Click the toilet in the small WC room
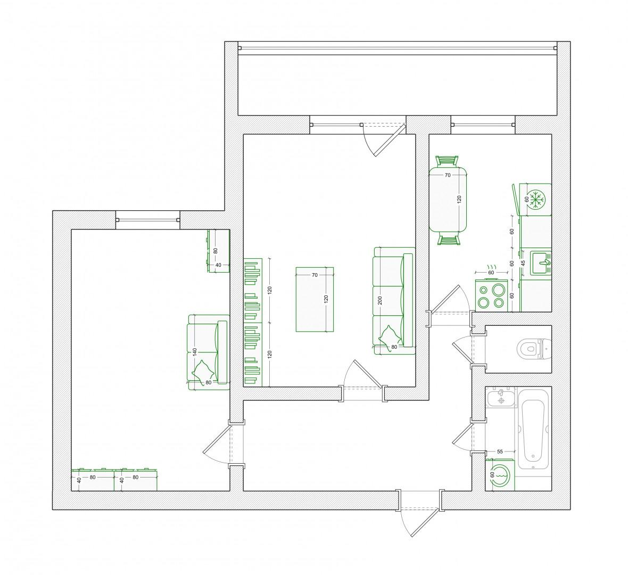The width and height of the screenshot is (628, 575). click(534, 349)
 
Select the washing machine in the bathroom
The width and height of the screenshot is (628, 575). click(500, 475)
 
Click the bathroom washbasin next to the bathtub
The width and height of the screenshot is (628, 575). click(501, 398)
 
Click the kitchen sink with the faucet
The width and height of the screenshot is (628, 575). click(541, 263)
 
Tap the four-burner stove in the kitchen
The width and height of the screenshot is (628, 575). click(491, 295)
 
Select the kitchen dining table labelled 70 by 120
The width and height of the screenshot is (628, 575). click(448, 199)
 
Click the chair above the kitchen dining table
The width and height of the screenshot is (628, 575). click(448, 161)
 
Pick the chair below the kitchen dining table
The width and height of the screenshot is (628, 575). click(448, 239)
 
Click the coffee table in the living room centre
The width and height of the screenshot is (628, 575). click(315, 300)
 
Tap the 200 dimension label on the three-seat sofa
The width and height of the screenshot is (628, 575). click(380, 300)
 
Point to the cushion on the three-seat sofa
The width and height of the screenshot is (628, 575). click(387, 334)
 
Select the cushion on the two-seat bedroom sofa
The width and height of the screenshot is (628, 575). click(202, 370)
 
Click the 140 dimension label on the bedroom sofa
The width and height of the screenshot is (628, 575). click(195, 352)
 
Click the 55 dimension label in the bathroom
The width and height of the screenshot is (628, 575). click(500, 451)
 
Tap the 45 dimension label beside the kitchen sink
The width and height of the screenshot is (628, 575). click(523, 263)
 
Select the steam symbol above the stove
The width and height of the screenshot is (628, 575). click(491, 267)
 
